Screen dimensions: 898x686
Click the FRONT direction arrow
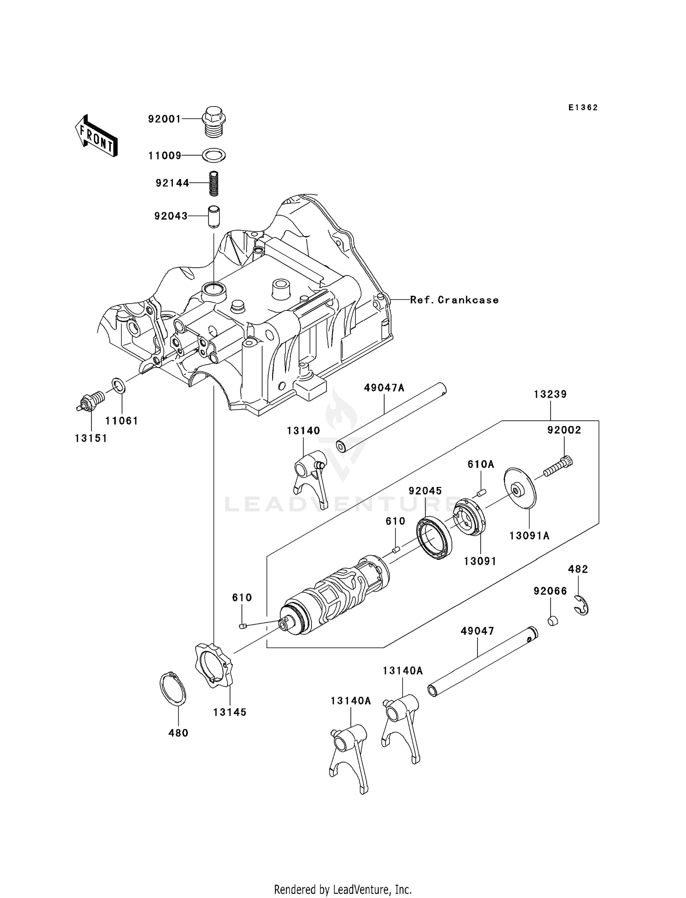click(x=96, y=136)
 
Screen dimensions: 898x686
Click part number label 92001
click(x=164, y=119)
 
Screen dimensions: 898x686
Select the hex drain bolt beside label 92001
click(x=214, y=120)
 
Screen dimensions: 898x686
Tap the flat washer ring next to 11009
click(x=214, y=156)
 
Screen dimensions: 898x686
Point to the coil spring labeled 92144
click(x=214, y=183)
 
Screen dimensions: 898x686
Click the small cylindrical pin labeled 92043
click(x=214, y=216)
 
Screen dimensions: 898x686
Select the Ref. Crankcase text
click(x=454, y=300)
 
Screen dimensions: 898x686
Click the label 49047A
click(x=384, y=388)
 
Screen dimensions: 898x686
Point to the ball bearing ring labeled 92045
click(x=434, y=537)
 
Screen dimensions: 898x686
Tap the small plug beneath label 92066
click(x=552, y=621)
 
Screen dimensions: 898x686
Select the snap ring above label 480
click(x=173, y=689)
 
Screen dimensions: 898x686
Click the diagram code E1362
click(x=583, y=108)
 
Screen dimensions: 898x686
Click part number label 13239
click(x=550, y=394)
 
